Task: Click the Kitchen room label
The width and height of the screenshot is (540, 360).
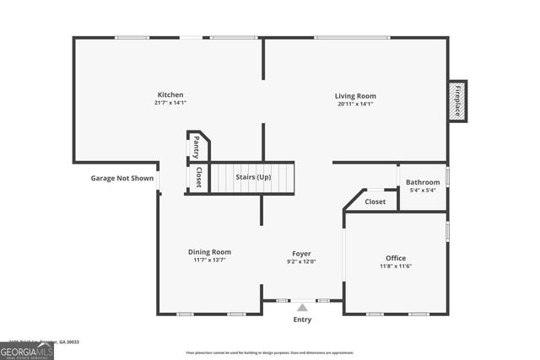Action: pyautogui.click(x=170, y=94)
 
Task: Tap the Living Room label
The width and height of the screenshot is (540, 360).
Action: pyautogui.click(x=355, y=95)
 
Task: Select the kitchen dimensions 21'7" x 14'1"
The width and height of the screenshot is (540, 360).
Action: pyautogui.click(x=170, y=104)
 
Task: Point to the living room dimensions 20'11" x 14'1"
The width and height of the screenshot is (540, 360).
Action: pyautogui.click(x=355, y=105)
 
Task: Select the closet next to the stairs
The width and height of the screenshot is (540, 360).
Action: pyautogui.click(x=198, y=177)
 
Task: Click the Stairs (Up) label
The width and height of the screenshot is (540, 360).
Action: pyautogui.click(x=251, y=177)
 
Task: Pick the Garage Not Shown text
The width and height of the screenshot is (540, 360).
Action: pyautogui.click(x=122, y=178)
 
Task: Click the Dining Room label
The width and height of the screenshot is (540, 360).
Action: pyautogui.click(x=209, y=251)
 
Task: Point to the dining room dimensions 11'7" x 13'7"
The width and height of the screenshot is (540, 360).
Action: pyautogui.click(x=209, y=261)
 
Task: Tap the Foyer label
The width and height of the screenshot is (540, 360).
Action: pyautogui.click(x=301, y=253)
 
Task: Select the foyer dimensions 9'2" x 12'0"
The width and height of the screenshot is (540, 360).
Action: pyautogui.click(x=301, y=262)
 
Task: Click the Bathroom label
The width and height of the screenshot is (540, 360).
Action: pyautogui.click(x=423, y=182)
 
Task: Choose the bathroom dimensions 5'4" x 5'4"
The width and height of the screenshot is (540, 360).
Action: pyautogui.click(x=423, y=191)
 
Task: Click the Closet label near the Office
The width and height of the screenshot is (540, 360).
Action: pyautogui.click(x=375, y=201)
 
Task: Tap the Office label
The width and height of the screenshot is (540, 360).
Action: pyautogui.click(x=396, y=258)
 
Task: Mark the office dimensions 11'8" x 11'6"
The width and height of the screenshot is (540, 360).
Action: pyautogui.click(x=396, y=266)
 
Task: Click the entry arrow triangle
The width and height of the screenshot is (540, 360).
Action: pyautogui.click(x=302, y=308)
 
